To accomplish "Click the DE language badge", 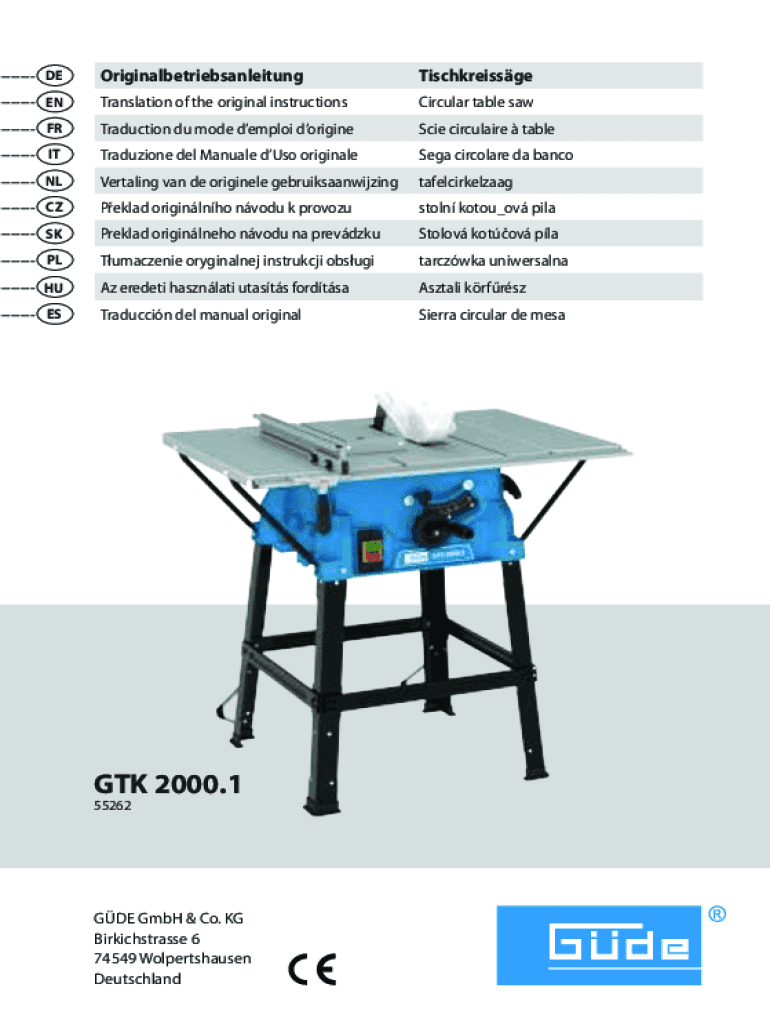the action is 55,75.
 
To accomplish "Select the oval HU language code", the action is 55,287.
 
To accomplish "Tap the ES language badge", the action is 55,314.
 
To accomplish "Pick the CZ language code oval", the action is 55,208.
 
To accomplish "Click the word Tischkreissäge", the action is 475,76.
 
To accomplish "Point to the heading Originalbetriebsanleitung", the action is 202,76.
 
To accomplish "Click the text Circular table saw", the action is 475,102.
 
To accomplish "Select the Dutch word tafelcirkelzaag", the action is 466,182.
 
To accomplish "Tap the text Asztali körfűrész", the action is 472,287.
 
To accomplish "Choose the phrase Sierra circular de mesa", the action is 492,315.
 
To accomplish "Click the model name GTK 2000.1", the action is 168,784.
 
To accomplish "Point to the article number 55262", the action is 112,806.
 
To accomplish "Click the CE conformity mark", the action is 312,969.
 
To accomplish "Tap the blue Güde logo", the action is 599,945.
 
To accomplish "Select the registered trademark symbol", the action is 717,914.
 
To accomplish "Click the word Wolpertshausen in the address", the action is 195,959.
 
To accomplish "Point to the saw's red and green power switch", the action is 372,550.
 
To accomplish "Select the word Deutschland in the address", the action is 138,979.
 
